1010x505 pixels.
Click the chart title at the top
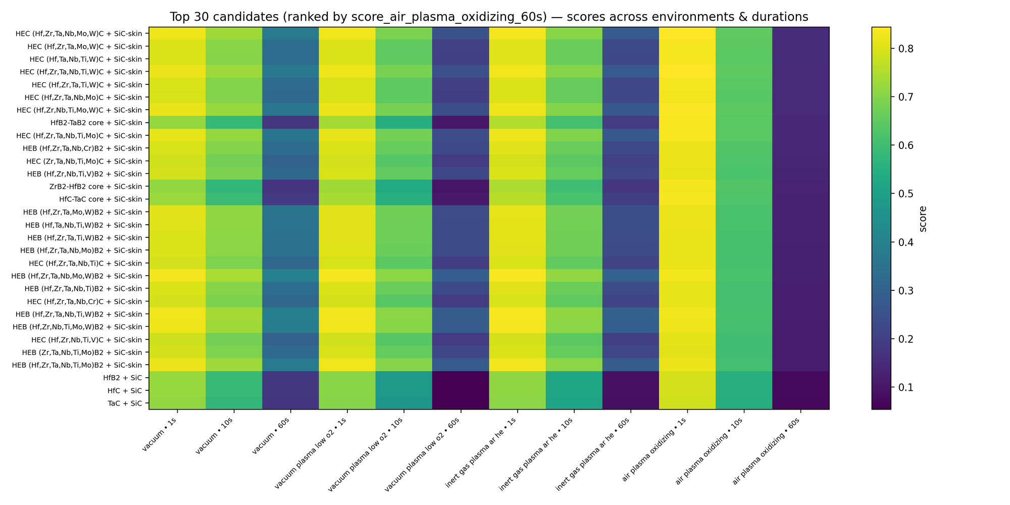click(x=489, y=17)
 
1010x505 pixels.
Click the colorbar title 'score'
click(x=924, y=218)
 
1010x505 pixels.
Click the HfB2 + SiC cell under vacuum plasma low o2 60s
click(x=461, y=378)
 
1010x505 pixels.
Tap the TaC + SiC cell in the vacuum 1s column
click(x=177, y=403)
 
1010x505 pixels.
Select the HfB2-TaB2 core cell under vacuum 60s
click(x=290, y=123)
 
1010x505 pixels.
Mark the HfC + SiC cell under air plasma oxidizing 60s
click(x=801, y=390)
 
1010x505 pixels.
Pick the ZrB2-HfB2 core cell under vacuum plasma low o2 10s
click(x=404, y=186)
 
